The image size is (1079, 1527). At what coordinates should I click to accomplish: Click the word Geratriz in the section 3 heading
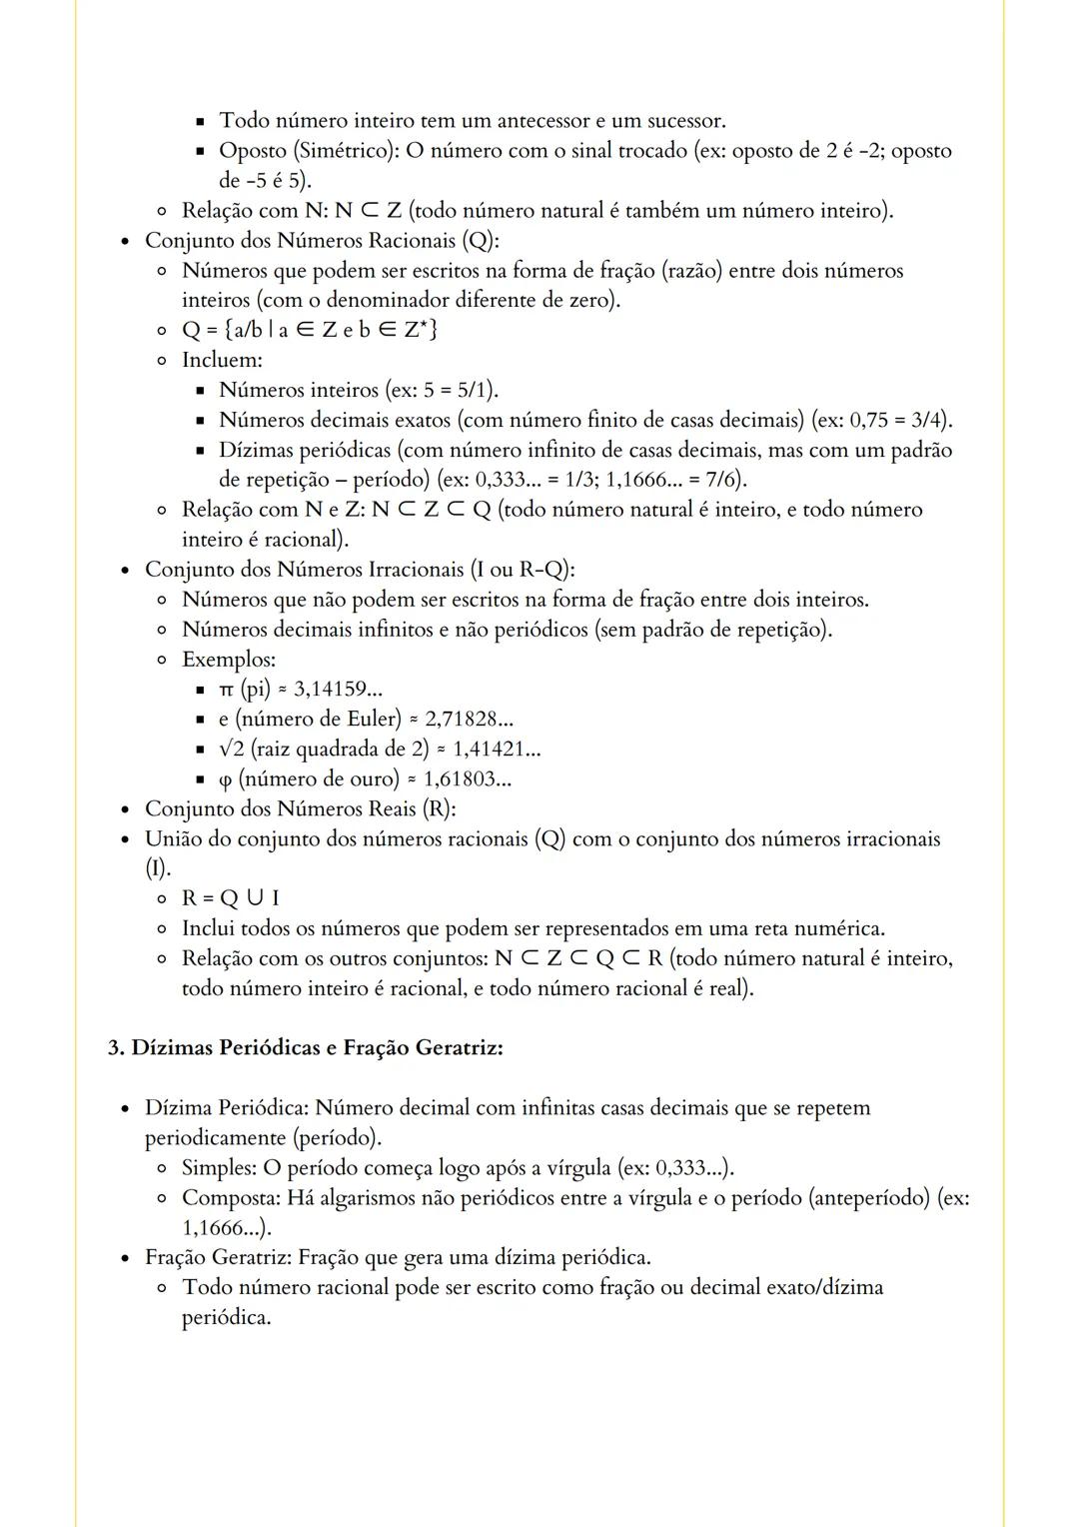[x=458, y=1047]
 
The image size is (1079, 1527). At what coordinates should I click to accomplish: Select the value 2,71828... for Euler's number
[x=469, y=719]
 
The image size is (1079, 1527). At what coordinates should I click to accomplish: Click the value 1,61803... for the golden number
[x=468, y=778]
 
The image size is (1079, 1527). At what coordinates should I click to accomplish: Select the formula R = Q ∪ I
[x=231, y=897]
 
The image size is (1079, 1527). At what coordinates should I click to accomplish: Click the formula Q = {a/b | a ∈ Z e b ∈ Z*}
[x=310, y=330]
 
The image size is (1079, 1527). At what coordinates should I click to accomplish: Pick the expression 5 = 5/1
[x=458, y=390]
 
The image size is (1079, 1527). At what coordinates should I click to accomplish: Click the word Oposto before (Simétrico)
[x=253, y=150]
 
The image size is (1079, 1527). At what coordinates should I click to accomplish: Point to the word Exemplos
[x=229, y=659]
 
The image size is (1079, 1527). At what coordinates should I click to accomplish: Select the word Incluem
[x=222, y=360]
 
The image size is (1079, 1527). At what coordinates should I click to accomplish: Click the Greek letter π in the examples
[x=226, y=690]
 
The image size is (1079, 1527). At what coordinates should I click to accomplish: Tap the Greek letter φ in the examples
[x=226, y=779]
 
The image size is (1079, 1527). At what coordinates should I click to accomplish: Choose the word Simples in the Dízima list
[x=218, y=1167]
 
